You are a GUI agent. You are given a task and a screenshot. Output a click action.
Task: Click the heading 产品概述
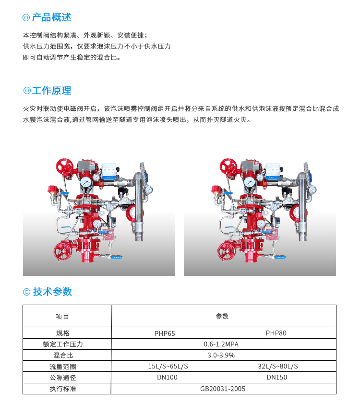pyautogui.click(x=51, y=18)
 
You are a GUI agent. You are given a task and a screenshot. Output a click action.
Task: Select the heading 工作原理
pyautogui.click(x=51, y=91)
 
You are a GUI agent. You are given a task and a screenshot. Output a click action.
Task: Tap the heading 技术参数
pyautogui.click(x=52, y=291)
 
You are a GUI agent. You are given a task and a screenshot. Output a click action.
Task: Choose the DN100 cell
pyautogui.click(x=167, y=378)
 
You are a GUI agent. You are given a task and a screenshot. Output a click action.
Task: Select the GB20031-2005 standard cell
pyautogui.click(x=223, y=389)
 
